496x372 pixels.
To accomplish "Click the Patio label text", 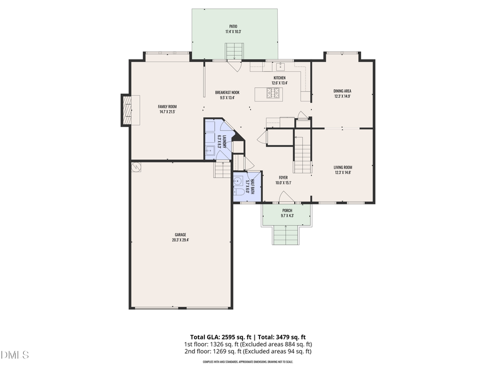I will (x=234, y=26).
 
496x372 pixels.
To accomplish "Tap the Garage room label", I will (x=181, y=234).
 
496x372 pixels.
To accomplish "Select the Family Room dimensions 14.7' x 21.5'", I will (x=167, y=112).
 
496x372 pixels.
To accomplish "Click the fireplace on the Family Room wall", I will (x=127, y=110).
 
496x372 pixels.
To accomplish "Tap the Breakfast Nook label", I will (x=227, y=92).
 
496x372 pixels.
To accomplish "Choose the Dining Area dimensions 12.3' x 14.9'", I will (x=342, y=96).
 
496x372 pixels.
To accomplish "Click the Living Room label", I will (x=342, y=167).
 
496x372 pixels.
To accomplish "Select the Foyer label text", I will (x=283, y=177).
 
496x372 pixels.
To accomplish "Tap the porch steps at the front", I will (x=286, y=235).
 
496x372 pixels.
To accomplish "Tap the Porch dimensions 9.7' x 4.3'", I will (x=287, y=216).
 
